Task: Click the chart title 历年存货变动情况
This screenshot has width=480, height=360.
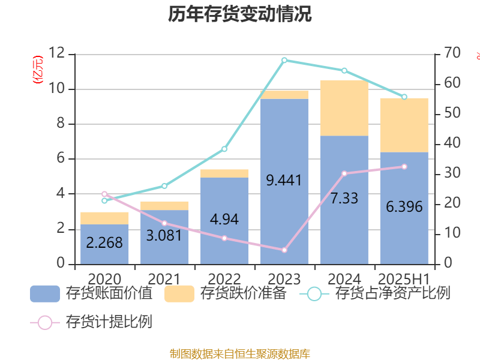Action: [240, 14]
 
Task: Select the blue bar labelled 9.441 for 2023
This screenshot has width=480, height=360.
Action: [284, 216]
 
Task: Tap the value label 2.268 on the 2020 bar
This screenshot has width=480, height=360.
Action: [104, 243]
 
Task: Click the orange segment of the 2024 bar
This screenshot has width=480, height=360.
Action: [344, 108]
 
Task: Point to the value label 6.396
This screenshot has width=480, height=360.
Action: [404, 208]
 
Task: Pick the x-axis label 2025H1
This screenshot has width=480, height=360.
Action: [404, 279]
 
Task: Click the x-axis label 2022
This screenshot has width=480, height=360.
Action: [224, 279]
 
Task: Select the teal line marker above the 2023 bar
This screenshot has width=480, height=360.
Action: [284, 60]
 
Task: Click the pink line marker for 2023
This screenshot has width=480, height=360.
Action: [284, 250]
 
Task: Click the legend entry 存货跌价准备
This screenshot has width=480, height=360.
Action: [226, 294]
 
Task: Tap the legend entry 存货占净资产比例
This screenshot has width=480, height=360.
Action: [378, 294]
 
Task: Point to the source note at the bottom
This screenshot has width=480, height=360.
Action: [240, 354]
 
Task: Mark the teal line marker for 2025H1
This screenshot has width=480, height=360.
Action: [404, 97]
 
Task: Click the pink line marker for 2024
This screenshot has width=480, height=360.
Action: [344, 173]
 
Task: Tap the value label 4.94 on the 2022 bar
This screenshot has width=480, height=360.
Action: [224, 220]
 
